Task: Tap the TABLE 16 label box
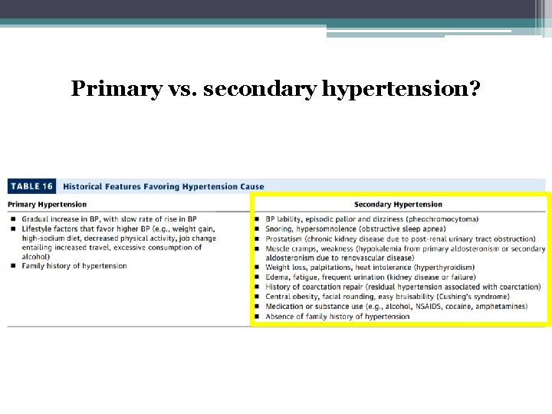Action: point(31,186)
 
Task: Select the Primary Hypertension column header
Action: point(48,205)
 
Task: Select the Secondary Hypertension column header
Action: point(398,205)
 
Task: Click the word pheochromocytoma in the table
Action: point(443,219)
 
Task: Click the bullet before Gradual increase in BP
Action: point(14,219)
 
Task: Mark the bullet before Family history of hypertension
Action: point(14,266)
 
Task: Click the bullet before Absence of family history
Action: point(258,317)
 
